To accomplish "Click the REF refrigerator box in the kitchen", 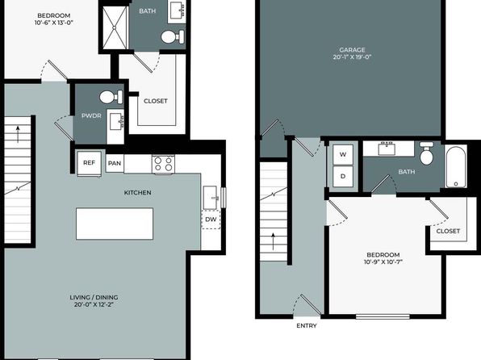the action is pyautogui.click(x=89, y=164).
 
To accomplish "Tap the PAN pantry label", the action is pyautogui.click(x=115, y=163).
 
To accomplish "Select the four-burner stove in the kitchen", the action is pyautogui.click(x=164, y=164).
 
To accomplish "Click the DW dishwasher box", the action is pyautogui.click(x=211, y=219).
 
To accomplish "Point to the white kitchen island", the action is pyautogui.click(x=115, y=224).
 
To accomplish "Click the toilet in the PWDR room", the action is pyautogui.click(x=111, y=97).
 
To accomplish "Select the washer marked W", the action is pyautogui.click(x=343, y=154).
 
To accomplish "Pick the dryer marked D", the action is pyautogui.click(x=343, y=176).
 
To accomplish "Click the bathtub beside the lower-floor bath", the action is pyautogui.click(x=456, y=166).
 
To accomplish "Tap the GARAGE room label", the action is pyautogui.click(x=352, y=50).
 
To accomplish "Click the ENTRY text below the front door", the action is pyautogui.click(x=307, y=325).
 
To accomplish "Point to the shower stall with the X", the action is pyautogui.click(x=115, y=27).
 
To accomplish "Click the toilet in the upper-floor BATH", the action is pyautogui.click(x=173, y=37).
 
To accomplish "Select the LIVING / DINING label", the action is pyautogui.click(x=94, y=297).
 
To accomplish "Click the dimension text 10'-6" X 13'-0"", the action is pyautogui.click(x=54, y=23).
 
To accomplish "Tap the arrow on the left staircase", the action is pyautogui.click(x=18, y=135).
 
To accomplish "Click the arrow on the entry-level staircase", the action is pyautogui.click(x=273, y=242).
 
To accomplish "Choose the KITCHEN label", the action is pyautogui.click(x=137, y=192).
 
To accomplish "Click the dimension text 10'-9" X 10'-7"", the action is pyautogui.click(x=383, y=262).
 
